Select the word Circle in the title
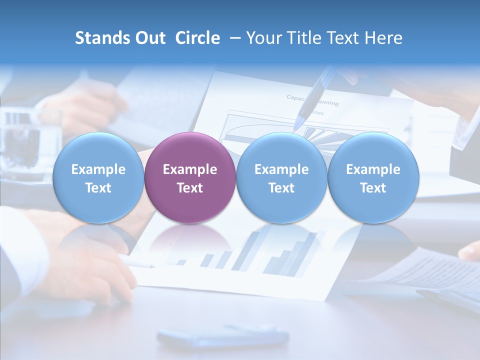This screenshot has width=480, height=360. pos(197,38)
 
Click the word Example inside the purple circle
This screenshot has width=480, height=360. pos(190,169)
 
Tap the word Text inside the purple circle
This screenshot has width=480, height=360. pos(190,188)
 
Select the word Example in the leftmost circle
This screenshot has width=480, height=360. pos(98,169)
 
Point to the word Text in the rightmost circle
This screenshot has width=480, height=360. pos(373,188)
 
